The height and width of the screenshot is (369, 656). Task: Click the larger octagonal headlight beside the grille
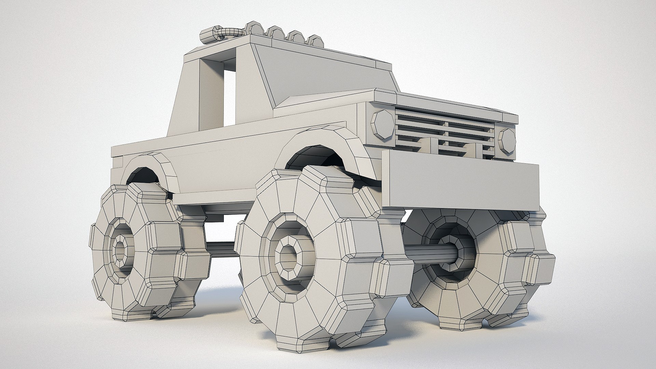point(382,124)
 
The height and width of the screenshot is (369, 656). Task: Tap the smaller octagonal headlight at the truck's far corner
point(507,141)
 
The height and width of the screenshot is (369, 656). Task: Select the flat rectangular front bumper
point(460,184)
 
